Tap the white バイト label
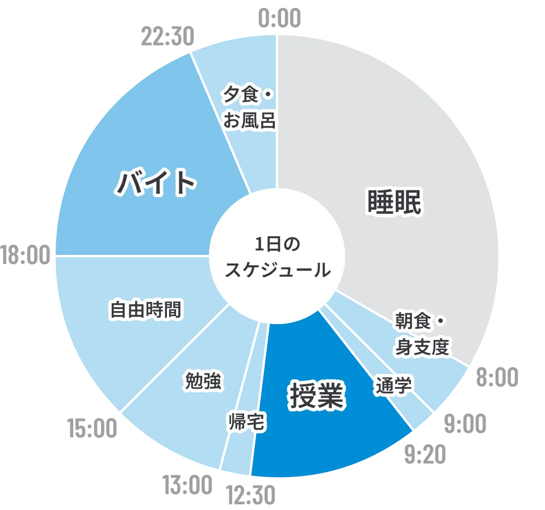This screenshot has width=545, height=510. point(157,182)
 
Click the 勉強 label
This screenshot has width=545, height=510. point(203,381)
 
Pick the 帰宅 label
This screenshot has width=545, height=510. point(246,422)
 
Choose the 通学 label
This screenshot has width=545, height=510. point(393,385)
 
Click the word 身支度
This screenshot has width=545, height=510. point(422,347)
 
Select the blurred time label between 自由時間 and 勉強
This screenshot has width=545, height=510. point(91,428)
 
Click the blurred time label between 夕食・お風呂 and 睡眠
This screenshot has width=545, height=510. point(278,15)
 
